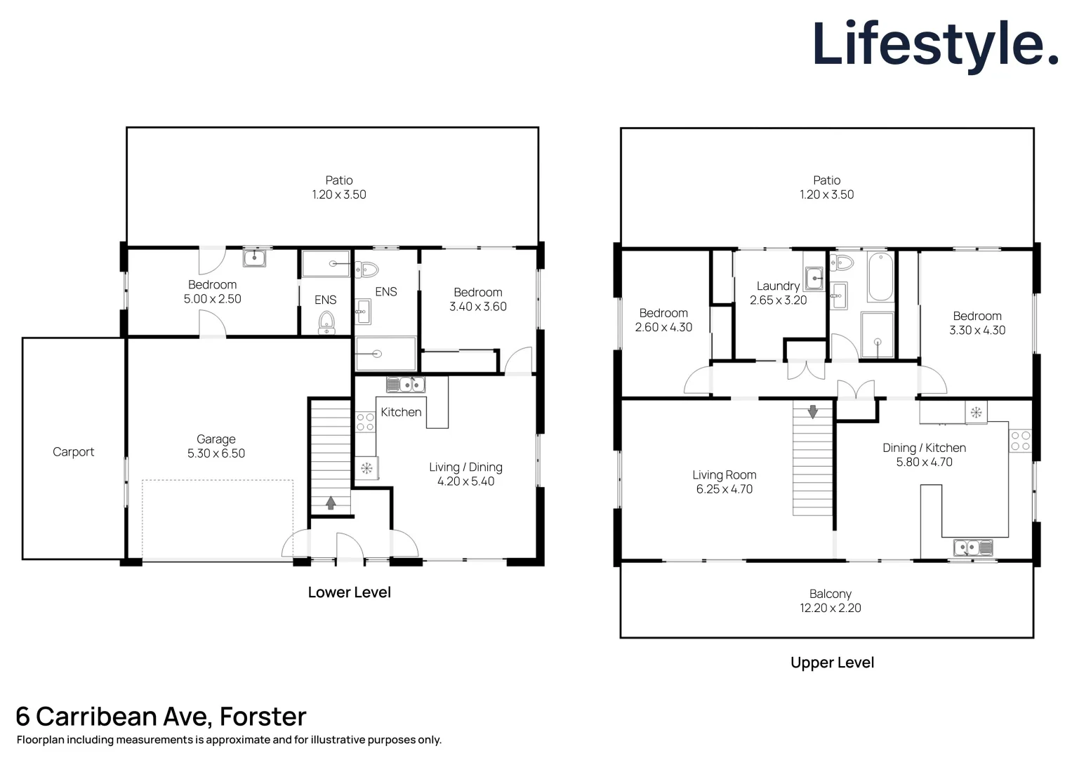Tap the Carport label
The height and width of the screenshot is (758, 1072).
coord(73,452)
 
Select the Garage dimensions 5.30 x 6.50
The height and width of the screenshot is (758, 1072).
coord(216,453)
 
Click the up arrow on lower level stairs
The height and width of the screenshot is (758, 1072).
coord(330,502)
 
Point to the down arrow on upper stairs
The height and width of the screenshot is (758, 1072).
coord(812,411)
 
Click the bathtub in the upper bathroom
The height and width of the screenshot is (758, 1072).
coord(880,277)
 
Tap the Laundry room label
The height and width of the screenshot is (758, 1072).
coord(778,286)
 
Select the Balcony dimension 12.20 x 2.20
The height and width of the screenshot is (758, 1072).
coord(830,608)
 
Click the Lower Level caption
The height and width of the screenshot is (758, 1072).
coord(349,592)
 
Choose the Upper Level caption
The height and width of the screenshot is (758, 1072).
coord(832,663)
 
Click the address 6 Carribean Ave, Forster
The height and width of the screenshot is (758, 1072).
coord(161,717)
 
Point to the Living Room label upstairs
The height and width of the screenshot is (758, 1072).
coord(724,475)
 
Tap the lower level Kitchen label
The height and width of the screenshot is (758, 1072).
coord(401,412)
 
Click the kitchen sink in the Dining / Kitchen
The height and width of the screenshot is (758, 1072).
coord(973,547)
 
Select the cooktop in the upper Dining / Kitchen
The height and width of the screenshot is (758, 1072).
coord(1021,441)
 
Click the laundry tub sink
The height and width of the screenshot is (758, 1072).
coord(814,278)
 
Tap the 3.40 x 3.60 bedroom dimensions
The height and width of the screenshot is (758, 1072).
coord(478,307)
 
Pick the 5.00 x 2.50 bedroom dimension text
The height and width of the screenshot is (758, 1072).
coord(212,299)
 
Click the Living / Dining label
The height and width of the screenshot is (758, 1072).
coord(465,467)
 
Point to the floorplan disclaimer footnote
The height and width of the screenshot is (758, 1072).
coord(229,740)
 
